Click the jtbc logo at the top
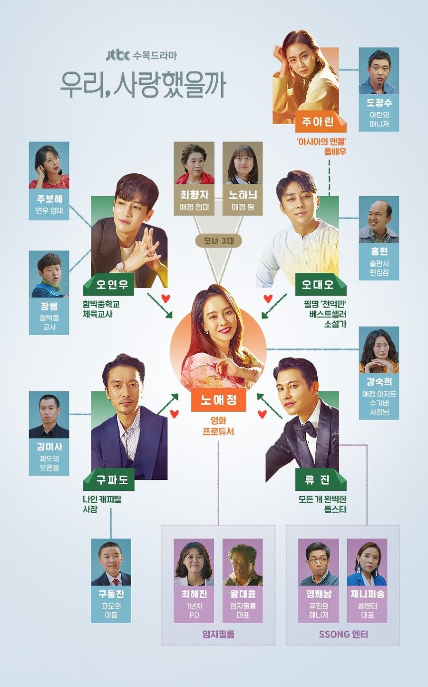click(x=117, y=55)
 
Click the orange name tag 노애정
click(x=218, y=400)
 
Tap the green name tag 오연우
click(x=108, y=284)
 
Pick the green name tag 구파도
click(x=108, y=479)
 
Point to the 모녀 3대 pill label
click(x=219, y=241)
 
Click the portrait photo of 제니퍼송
click(x=367, y=562)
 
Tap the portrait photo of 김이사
click(x=49, y=415)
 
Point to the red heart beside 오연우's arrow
click(x=166, y=298)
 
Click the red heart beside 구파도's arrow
click(x=175, y=414)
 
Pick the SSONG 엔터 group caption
click(x=343, y=634)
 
